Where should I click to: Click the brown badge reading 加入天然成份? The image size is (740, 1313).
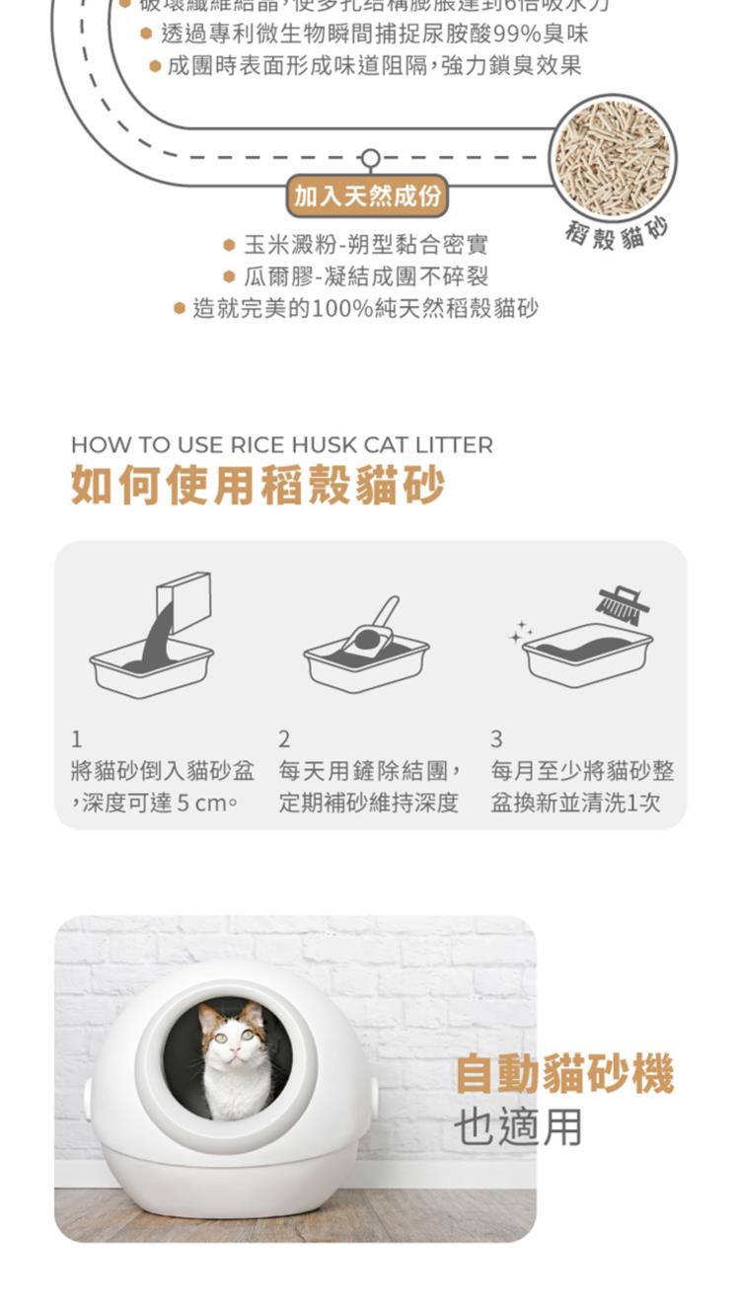(367, 196)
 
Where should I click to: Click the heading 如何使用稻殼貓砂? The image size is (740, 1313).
(258, 486)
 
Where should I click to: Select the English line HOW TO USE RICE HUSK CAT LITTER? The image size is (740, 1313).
(281, 445)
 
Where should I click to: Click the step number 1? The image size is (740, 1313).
(77, 738)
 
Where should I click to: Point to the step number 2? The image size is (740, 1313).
(284, 738)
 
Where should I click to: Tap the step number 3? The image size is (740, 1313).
(496, 738)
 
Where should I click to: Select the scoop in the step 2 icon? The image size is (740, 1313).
(372, 629)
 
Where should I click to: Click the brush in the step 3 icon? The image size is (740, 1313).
(624, 603)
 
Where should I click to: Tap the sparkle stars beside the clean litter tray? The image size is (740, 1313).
(520, 633)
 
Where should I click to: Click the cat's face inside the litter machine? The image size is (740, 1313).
(232, 1038)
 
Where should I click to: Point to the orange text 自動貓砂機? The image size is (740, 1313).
(564, 1074)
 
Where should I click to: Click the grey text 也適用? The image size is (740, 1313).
(519, 1126)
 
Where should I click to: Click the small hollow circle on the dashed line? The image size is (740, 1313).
(370, 159)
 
